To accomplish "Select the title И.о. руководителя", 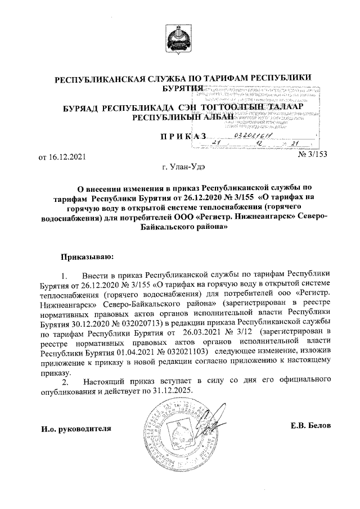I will (76, 429).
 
